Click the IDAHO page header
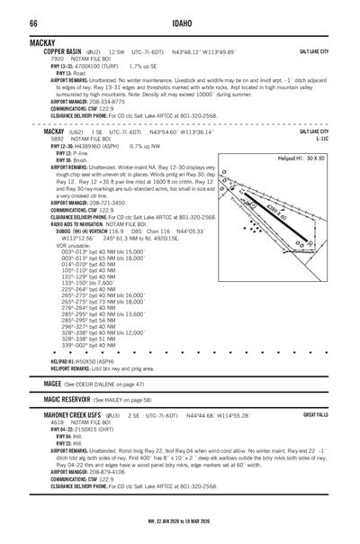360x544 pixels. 179,22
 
